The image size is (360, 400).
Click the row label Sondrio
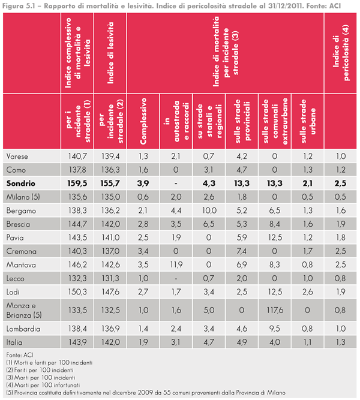(x=21, y=183)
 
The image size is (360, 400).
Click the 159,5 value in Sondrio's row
(x=79, y=183)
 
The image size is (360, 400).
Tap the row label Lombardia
(x=24, y=329)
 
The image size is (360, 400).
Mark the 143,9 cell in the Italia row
(x=79, y=342)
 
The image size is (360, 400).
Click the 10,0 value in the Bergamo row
(x=208, y=209)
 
